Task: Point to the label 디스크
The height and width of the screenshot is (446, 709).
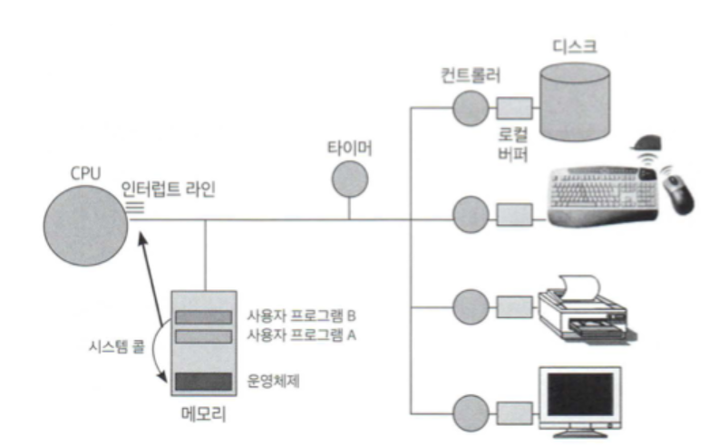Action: [575, 46]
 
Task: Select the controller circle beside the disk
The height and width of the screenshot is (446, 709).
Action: [470, 108]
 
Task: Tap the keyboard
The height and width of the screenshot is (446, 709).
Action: [602, 192]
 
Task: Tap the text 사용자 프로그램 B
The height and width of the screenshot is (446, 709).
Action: [300, 316]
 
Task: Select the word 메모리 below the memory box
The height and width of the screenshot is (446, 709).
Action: [203, 418]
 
